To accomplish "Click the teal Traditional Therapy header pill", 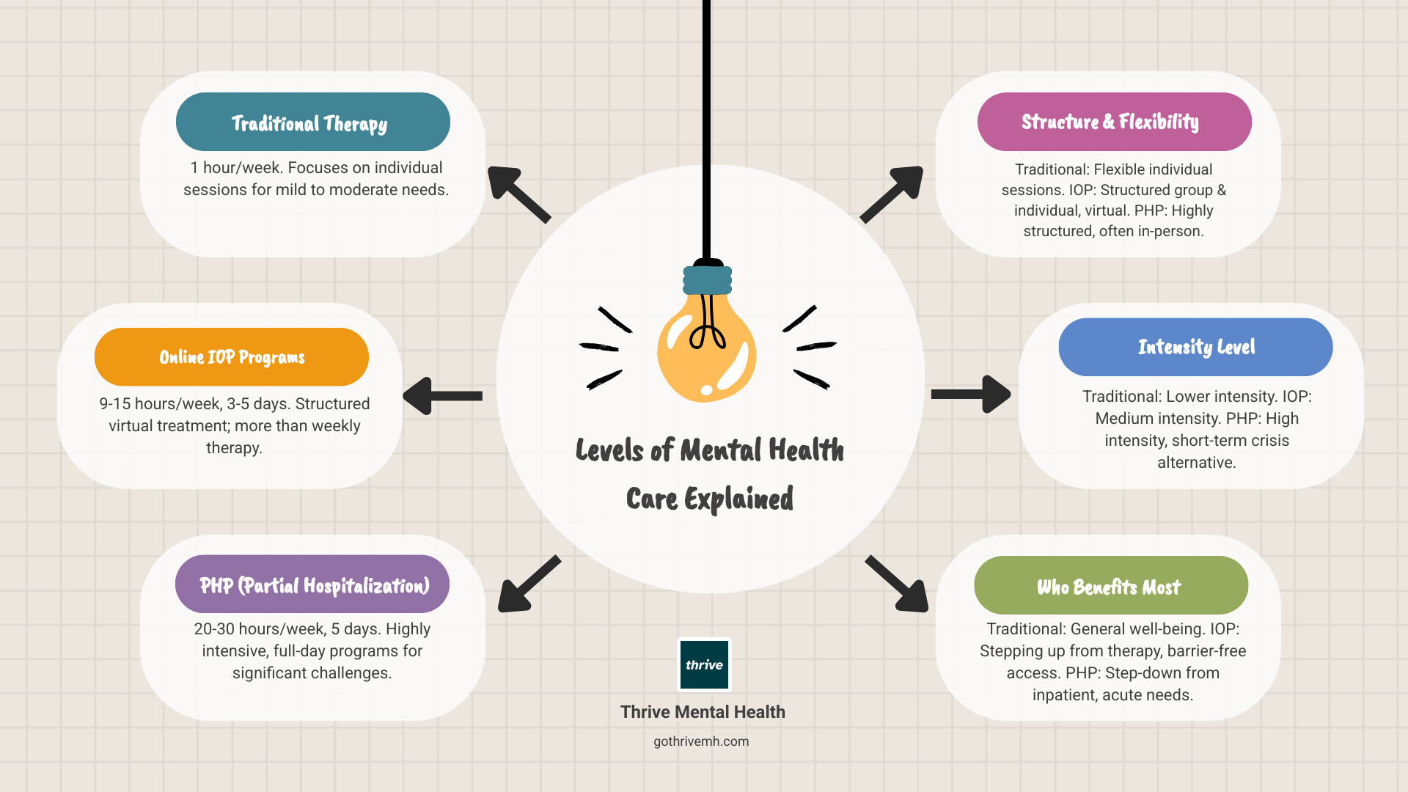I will tap(312, 122).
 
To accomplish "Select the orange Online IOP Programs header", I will tap(231, 357).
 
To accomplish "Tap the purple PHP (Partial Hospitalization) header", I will tap(312, 584).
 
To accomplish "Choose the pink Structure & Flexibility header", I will tap(1114, 122).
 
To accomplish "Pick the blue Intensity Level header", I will tap(1195, 347).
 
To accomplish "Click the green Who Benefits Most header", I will tap(1110, 586).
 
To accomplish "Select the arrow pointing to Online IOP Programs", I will tap(442, 396).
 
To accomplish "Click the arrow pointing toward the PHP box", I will tap(528, 584).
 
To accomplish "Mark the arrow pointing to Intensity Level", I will tap(972, 395).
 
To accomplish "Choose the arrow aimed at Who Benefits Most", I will tap(898, 584).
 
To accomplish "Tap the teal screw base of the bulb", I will tap(707, 280).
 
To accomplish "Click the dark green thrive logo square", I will tap(704, 664).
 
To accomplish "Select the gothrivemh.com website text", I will tap(701, 741).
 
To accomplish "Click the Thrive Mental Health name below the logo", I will tap(703, 712).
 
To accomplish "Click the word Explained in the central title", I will tap(738, 499).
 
